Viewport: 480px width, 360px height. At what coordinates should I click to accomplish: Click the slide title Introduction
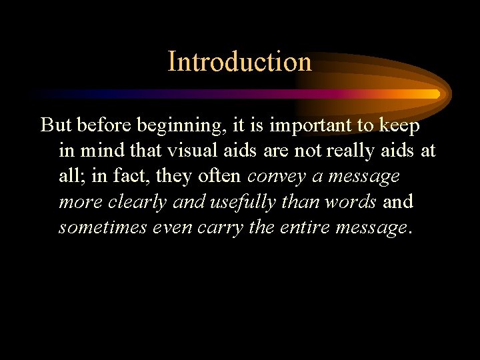[239, 61]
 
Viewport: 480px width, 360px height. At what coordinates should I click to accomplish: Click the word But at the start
[56, 125]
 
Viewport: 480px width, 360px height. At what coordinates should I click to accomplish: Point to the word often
[221, 176]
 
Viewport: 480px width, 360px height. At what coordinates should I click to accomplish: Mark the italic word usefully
[238, 202]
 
